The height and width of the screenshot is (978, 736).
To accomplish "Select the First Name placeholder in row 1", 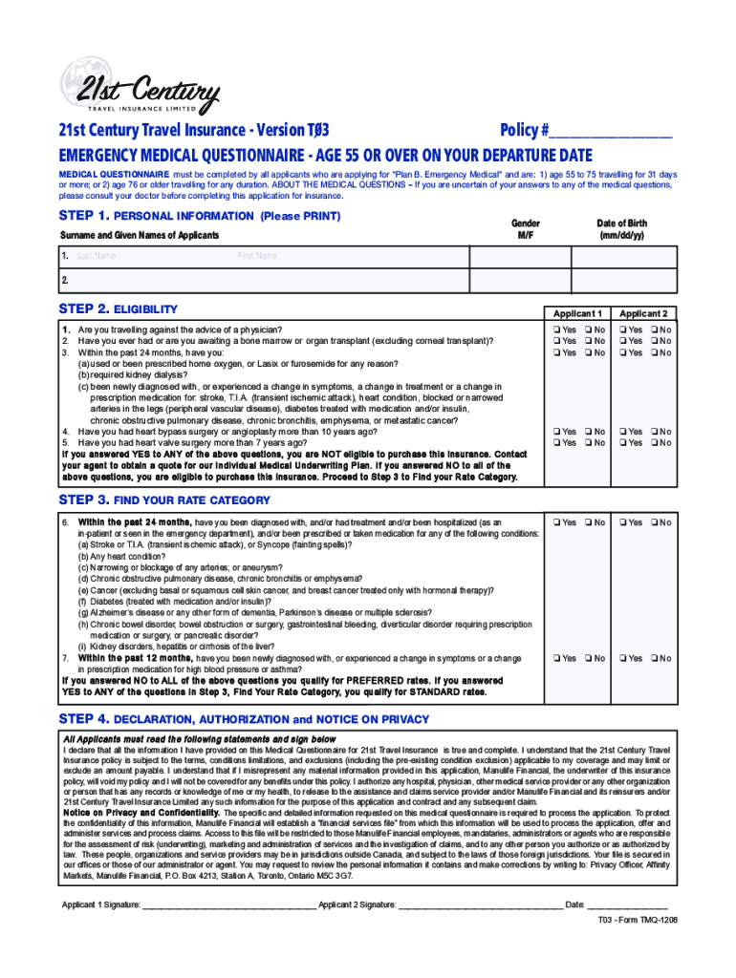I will click(257, 256).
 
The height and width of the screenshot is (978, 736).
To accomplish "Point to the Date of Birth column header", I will click(621, 228).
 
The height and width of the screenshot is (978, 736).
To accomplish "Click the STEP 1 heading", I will click(200, 216).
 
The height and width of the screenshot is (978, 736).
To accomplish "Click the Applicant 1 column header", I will click(577, 313).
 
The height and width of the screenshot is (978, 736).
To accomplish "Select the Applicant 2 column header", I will click(643, 313).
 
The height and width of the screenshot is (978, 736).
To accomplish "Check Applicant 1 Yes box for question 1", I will click(555, 330).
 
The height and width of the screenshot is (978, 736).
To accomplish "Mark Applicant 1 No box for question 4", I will click(588, 432).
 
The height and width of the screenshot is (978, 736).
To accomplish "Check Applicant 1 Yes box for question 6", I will click(555, 522).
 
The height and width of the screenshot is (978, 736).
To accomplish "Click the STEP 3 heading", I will click(164, 500).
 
